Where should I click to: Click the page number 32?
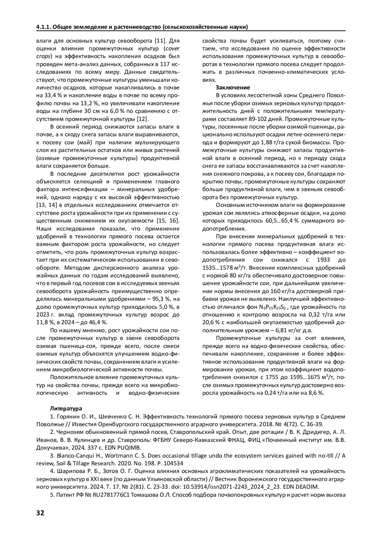tap(40, 513)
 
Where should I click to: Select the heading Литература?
tap(66, 409)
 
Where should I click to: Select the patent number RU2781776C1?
tap(109, 495)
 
